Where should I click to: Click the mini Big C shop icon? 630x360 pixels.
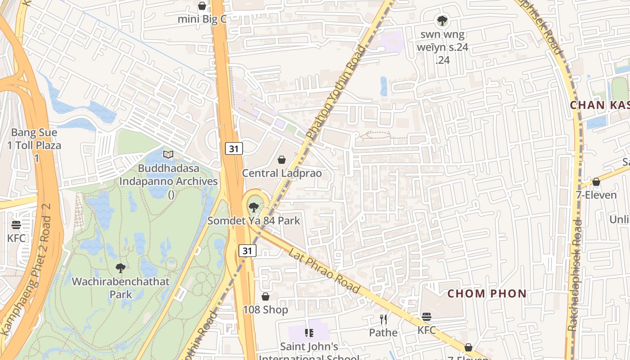coord(202,6)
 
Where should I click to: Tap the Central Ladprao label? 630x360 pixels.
coord(282,173)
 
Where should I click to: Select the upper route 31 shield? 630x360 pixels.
coord(234,148)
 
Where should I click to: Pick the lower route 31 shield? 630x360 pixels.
coord(247,251)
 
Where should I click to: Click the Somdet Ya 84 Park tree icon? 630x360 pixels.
coord(254,207)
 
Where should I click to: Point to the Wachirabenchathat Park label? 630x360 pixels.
coord(121,288)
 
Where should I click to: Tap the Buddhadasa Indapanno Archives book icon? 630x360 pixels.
coord(168,155)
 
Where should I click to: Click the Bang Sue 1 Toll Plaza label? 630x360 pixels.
coord(34,145)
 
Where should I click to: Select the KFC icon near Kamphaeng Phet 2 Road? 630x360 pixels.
coord(16,225)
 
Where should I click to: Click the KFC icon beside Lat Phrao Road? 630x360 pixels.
coord(426,317)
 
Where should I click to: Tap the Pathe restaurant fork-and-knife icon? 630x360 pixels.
coord(383,320)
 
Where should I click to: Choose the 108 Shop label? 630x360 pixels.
coord(265,310)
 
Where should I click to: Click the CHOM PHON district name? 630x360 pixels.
coord(486,294)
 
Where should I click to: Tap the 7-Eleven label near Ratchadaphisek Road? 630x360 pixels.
coord(596,195)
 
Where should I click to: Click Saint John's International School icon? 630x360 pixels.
coord(309,333)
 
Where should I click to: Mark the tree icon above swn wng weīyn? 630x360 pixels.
coord(442,20)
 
